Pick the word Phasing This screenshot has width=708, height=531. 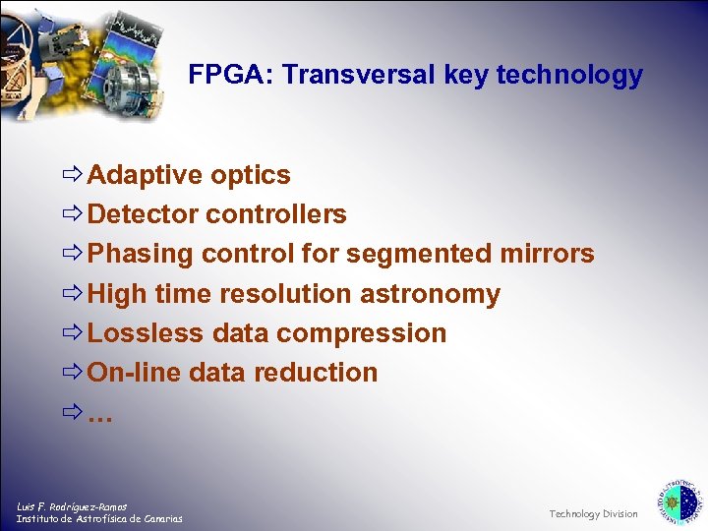pos(141,254)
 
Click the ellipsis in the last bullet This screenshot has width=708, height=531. pos(100,414)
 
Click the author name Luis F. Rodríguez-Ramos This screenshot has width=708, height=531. pos(72,506)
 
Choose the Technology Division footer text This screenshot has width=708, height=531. pos(593,513)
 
